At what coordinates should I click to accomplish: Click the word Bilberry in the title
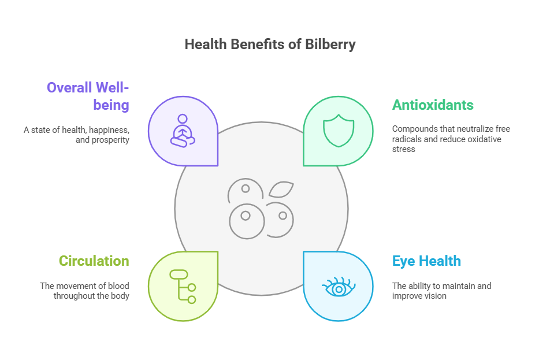point(330,45)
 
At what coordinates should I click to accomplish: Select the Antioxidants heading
point(433,105)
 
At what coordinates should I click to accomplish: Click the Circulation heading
point(94,261)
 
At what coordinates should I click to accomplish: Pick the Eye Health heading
point(426,261)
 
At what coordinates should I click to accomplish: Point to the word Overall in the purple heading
point(69,88)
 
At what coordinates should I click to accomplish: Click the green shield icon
point(339,131)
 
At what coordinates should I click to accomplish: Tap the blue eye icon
point(339,287)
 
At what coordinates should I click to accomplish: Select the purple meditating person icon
point(183,131)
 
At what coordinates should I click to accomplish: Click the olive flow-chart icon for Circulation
point(183,287)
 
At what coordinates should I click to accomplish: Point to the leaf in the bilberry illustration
point(281,190)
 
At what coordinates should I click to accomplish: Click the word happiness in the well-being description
point(109,131)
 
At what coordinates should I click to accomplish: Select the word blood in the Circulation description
point(118,285)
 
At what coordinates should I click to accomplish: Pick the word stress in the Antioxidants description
point(404,149)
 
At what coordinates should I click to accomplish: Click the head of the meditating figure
point(183,118)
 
